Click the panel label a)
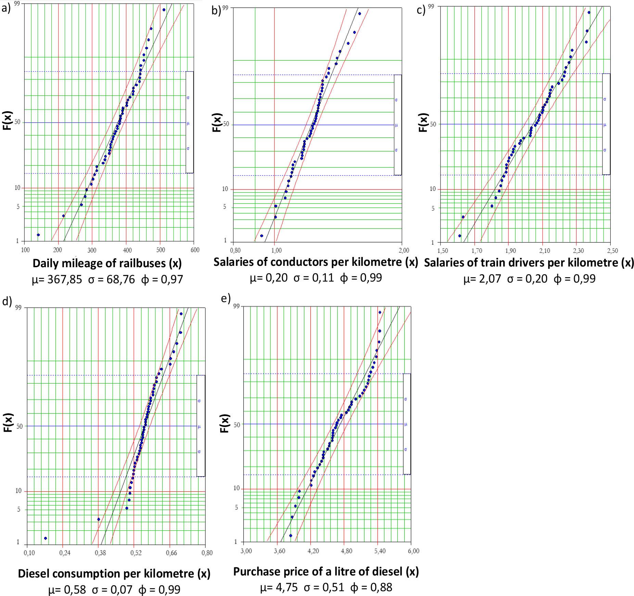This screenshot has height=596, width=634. [x=6, y=8]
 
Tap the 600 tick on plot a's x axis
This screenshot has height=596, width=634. [x=195, y=250]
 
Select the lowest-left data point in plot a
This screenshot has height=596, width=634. [x=38, y=235]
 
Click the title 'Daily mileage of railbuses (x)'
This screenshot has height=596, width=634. [x=107, y=263]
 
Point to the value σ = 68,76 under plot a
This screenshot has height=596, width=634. [x=111, y=280]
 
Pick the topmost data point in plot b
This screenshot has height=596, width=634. [x=359, y=14]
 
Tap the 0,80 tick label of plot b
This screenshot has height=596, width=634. [x=235, y=250]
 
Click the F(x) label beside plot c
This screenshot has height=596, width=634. [x=423, y=122]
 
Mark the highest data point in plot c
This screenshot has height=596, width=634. [x=589, y=13]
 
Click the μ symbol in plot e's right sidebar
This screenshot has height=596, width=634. [x=406, y=424]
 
